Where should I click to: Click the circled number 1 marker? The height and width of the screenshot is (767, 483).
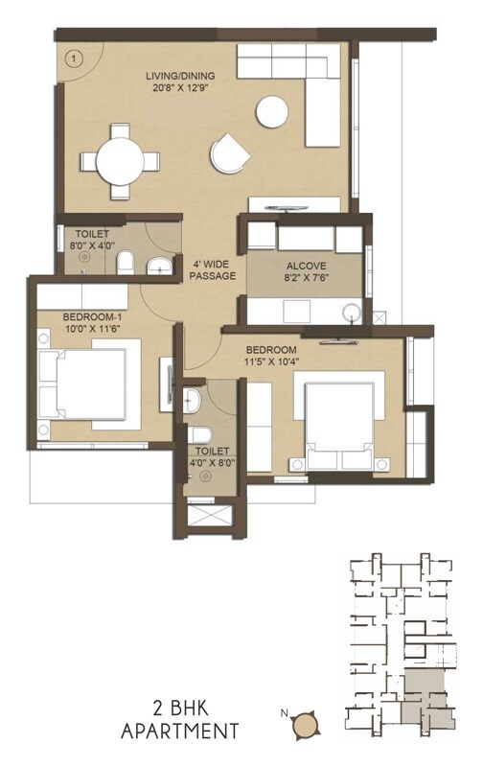(72, 57)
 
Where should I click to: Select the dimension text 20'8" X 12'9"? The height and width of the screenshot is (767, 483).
(180, 86)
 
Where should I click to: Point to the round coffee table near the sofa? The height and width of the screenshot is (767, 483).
(272, 112)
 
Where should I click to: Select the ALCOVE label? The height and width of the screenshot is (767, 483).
(305, 267)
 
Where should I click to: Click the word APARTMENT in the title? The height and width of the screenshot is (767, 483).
(179, 732)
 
